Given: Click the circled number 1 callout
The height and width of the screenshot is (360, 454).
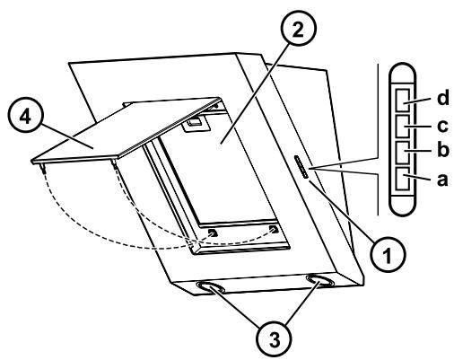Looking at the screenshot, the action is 388,255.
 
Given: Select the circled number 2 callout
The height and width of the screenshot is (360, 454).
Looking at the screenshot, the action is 298,30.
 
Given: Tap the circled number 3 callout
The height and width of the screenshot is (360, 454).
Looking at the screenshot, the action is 275,339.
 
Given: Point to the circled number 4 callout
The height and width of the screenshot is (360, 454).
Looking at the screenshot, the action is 25,117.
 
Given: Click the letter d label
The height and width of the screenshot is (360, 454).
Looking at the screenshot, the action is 443,98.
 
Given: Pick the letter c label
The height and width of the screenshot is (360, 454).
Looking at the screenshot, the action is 442,126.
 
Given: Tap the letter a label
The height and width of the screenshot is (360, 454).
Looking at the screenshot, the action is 442,180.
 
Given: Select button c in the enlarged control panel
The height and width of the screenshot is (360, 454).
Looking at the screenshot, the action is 403,127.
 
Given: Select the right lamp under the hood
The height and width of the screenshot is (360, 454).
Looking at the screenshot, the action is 319,281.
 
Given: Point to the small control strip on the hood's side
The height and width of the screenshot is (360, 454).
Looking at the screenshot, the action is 301,167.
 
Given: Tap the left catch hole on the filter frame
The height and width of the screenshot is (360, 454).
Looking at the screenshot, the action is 213,233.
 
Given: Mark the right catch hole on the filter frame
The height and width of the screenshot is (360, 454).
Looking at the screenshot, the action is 274,230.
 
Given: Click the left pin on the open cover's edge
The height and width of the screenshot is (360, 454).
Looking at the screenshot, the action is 44,169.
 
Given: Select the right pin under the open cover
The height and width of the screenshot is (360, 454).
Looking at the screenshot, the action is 114,163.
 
